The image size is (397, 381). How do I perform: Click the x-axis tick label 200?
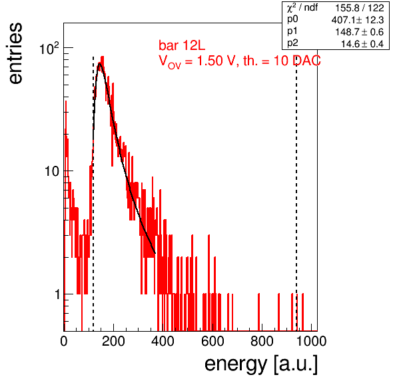[113, 341]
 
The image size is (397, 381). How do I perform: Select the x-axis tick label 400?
[163, 341]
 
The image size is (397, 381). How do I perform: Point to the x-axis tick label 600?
[212, 341]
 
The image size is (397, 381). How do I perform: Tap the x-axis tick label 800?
[262, 341]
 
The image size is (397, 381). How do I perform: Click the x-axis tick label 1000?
[311, 341]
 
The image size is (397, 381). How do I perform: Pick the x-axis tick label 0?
[64, 341]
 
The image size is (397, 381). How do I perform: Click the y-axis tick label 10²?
[49, 48]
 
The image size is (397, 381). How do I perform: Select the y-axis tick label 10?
[52, 171]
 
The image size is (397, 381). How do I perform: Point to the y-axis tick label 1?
[57, 294]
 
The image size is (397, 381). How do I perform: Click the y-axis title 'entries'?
[16, 53]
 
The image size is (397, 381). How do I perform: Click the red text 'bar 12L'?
[182, 45]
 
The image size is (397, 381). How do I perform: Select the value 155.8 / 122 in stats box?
[360, 8]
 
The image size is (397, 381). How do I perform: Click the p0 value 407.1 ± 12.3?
[358, 20]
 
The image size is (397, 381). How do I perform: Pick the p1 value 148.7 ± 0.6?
[360, 32]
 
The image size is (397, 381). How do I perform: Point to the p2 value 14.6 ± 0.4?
[362, 44]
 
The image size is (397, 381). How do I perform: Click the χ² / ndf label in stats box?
[302, 8]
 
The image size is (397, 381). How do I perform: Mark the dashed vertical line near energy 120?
[93, 194]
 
